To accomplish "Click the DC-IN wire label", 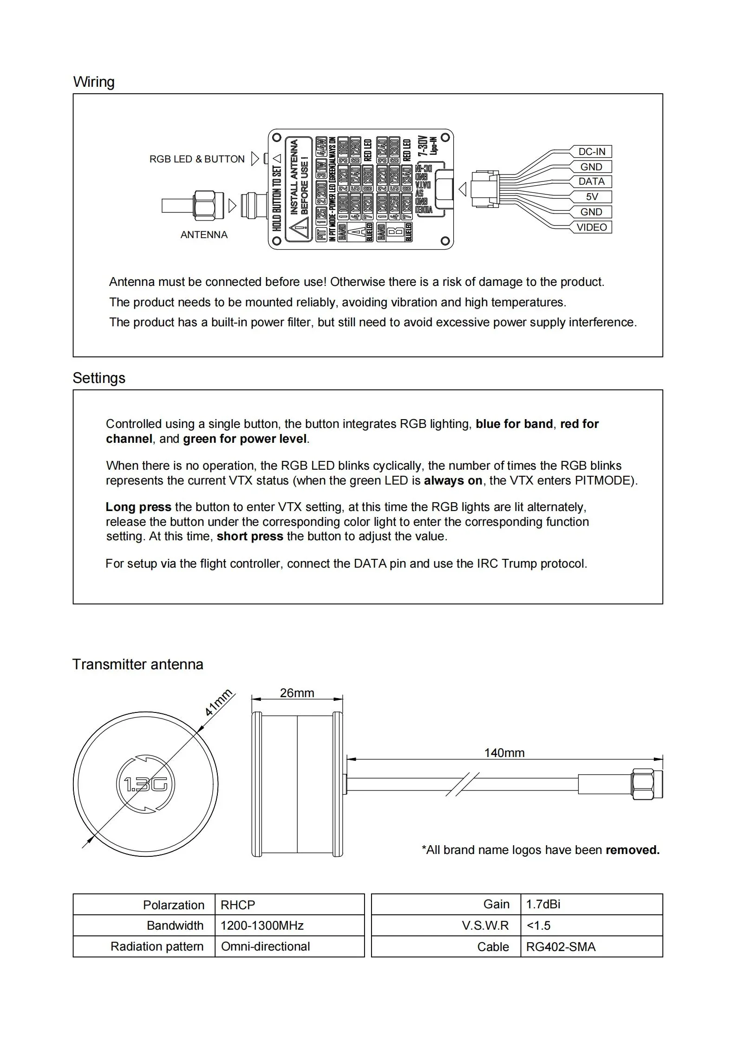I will [x=591, y=152].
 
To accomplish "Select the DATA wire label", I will [x=591, y=181].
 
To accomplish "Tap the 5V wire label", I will [x=592, y=197].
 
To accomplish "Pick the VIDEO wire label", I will [x=591, y=227].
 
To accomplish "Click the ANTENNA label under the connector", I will [x=204, y=235].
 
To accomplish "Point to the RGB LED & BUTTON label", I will [x=197, y=159].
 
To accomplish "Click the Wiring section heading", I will [x=94, y=82].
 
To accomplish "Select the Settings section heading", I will [x=99, y=378].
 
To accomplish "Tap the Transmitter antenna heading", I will [x=138, y=664].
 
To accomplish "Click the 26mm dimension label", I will [x=297, y=693].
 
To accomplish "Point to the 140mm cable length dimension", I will [x=504, y=753].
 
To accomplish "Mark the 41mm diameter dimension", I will [x=218, y=704].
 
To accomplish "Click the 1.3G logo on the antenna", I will [x=145, y=784].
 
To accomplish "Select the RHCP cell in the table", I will [x=238, y=905].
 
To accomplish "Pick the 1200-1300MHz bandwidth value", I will [x=262, y=926].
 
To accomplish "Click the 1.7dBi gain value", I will [x=543, y=904].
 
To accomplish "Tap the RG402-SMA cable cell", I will [x=561, y=947].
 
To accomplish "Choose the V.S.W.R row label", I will [x=485, y=926].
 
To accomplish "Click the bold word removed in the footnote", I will [x=633, y=850].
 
